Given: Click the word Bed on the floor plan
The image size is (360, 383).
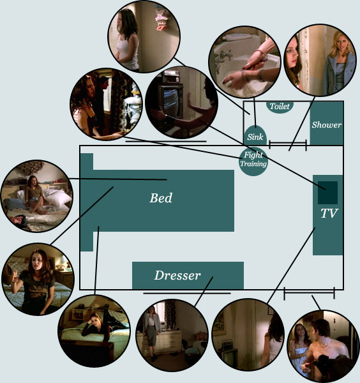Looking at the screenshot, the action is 161,198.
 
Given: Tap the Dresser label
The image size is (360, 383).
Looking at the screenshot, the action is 177,276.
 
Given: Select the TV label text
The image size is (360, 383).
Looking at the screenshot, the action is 329,213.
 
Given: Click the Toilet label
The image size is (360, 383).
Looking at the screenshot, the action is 280,106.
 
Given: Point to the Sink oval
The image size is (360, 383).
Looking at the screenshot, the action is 255,135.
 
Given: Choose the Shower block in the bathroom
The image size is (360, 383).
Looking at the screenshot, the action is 327,123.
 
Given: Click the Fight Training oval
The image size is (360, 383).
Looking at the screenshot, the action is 253,161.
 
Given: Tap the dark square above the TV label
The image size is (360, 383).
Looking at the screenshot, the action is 327,193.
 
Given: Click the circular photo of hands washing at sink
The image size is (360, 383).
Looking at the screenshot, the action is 244,62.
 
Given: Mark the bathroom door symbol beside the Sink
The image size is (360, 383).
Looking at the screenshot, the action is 288,145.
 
